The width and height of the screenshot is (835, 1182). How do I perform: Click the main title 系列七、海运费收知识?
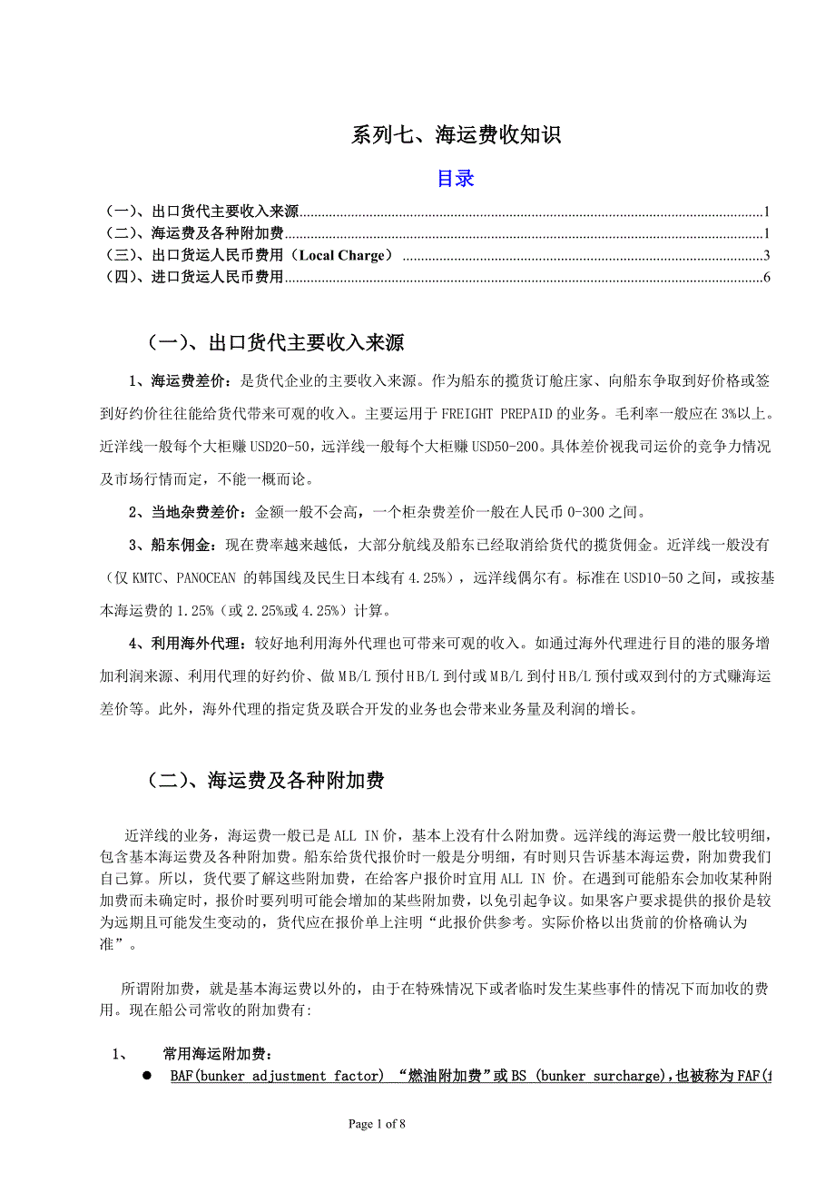(456, 135)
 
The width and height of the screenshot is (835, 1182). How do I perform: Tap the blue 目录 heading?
(456, 178)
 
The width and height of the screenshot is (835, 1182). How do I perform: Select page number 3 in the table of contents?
(766, 256)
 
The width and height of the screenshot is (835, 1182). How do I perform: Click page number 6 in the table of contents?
(766, 277)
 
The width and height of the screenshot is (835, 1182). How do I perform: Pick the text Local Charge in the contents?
(340, 256)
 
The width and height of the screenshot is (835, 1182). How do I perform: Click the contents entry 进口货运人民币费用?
(217, 277)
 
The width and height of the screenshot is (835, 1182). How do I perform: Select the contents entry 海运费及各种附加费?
(217, 234)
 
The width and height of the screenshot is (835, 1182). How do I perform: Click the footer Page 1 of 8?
(378, 1124)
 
